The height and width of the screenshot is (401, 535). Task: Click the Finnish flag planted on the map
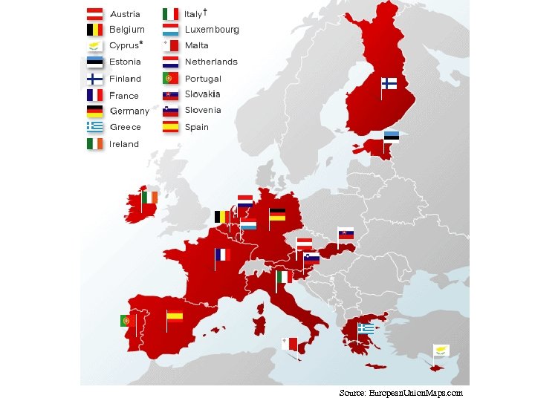point(389,83)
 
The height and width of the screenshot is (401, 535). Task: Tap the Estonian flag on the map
point(392,136)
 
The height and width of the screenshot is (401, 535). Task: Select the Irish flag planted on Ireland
point(149,197)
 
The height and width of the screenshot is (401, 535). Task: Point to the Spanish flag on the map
point(175,315)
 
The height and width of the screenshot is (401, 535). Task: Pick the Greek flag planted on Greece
point(366,327)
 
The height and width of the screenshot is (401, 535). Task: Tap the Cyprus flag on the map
point(441,350)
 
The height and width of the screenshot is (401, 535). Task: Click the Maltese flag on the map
point(289,343)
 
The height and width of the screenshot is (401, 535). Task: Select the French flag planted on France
point(222,255)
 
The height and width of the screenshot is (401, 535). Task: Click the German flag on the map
point(277,215)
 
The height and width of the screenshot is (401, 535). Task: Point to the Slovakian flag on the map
point(346,234)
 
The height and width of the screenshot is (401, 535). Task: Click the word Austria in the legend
point(125,14)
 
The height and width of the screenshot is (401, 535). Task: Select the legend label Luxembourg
point(212,30)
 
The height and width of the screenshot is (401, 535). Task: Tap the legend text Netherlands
point(211,62)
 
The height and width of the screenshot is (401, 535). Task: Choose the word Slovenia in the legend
point(203,110)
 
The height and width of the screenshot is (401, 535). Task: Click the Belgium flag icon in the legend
point(94,30)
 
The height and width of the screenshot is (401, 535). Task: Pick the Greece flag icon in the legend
point(94,126)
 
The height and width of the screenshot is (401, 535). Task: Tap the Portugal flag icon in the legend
point(170,78)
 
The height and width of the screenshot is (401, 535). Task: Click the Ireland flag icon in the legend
point(94,143)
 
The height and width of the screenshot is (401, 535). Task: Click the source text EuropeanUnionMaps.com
point(415,392)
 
